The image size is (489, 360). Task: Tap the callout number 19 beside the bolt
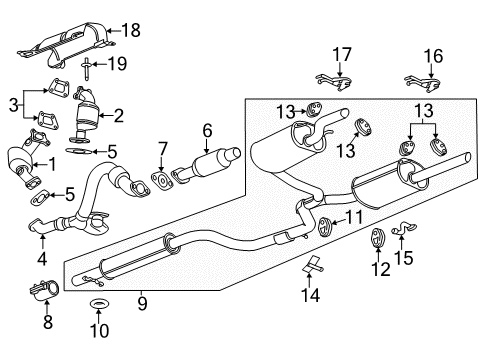(x=118, y=66)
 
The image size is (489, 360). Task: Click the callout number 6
(x=207, y=129)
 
